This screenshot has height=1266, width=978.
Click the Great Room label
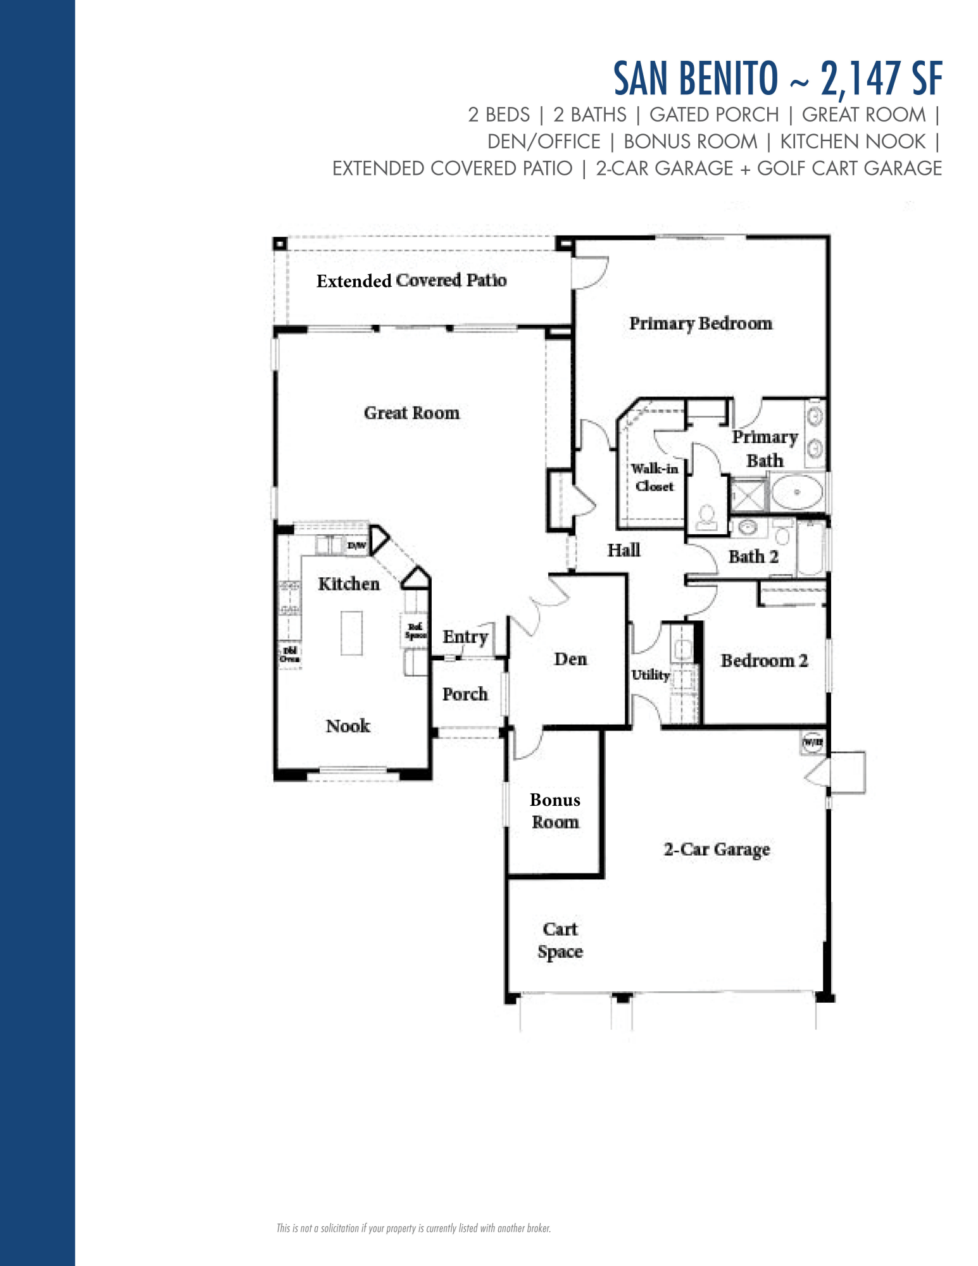click(x=411, y=413)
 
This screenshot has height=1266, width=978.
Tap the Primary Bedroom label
click(x=701, y=323)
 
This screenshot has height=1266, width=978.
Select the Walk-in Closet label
click(x=655, y=477)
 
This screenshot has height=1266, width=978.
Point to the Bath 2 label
click(x=753, y=556)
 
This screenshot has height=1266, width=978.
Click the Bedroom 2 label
click(x=764, y=660)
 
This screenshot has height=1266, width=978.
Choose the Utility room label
click(x=650, y=675)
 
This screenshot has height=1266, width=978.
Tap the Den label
click(x=570, y=659)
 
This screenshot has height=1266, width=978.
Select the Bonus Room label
click(x=555, y=811)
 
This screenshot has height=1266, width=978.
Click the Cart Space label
click(x=560, y=940)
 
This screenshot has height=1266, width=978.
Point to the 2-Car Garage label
click(x=717, y=849)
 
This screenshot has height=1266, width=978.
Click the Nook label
click(x=348, y=725)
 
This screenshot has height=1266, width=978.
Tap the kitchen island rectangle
click(x=352, y=633)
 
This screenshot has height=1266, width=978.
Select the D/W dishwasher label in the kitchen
click(x=356, y=546)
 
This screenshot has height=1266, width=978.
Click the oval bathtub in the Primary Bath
click(x=797, y=492)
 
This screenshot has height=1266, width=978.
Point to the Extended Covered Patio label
click(x=411, y=280)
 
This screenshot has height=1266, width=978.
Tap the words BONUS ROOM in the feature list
click(x=690, y=141)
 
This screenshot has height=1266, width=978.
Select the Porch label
click(x=465, y=694)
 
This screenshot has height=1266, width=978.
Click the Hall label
click(x=624, y=550)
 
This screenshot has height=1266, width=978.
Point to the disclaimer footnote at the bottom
click(x=413, y=1228)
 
